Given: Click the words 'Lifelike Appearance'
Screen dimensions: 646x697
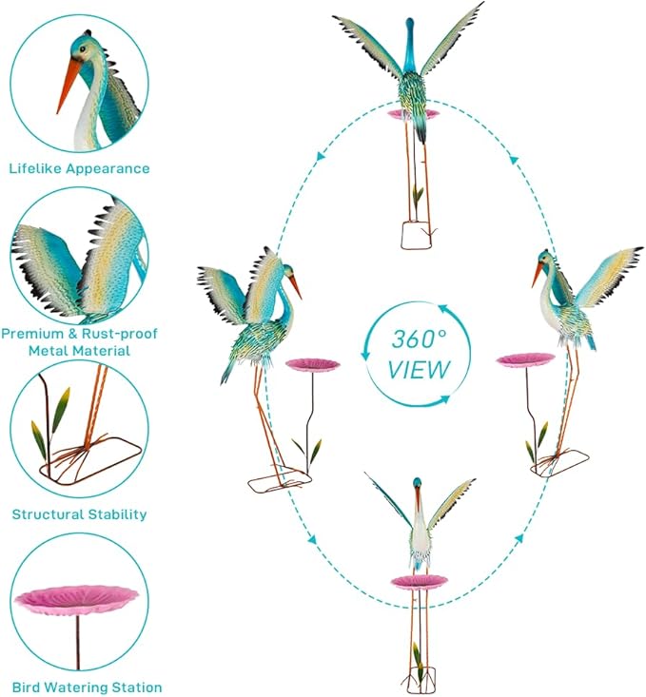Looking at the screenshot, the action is [x=79, y=169].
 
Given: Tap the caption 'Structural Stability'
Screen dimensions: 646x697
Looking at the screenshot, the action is [x=79, y=514].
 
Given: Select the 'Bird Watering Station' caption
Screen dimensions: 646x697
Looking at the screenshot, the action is [x=87, y=687].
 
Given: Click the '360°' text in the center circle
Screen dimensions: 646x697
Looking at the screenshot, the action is [x=419, y=339].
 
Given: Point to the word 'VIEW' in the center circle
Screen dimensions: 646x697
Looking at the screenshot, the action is [x=419, y=370].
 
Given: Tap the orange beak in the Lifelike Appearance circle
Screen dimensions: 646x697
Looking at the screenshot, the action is [x=69, y=87].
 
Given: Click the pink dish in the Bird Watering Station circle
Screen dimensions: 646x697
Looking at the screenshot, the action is [x=76, y=599].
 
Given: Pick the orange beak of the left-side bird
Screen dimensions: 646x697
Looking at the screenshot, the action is [x=295, y=287].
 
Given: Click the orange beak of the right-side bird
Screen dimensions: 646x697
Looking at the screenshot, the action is [x=538, y=274].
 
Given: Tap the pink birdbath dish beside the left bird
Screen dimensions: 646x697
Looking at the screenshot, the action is [x=313, y=364].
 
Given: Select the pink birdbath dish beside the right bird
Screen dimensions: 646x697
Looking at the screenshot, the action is [x=526, y=358].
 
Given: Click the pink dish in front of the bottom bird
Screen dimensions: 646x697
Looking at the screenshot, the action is [x=420, y=581].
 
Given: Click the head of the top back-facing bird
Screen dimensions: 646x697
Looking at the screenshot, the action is [x=409, y=23].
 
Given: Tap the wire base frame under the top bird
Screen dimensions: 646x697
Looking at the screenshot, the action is [x=417, y=235].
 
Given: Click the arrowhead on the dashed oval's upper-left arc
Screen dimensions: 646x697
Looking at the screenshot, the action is [x=320, y=156].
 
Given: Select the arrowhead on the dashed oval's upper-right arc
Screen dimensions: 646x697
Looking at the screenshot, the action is [x=514, y=159].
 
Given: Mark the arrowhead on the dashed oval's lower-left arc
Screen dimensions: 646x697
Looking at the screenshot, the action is [x=312, y=540].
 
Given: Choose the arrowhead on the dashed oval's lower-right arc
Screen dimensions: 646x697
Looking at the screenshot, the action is [x=519, y=539].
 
